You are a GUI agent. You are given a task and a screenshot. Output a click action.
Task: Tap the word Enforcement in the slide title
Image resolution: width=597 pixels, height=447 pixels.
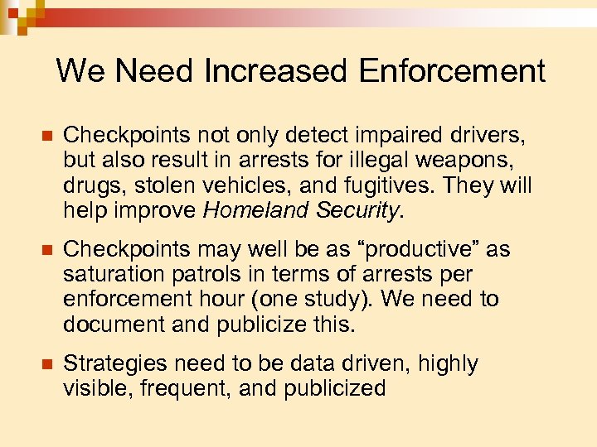click(452, 71)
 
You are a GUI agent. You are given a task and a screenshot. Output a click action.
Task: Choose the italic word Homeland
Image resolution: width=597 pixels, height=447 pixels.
click(254, 211)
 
